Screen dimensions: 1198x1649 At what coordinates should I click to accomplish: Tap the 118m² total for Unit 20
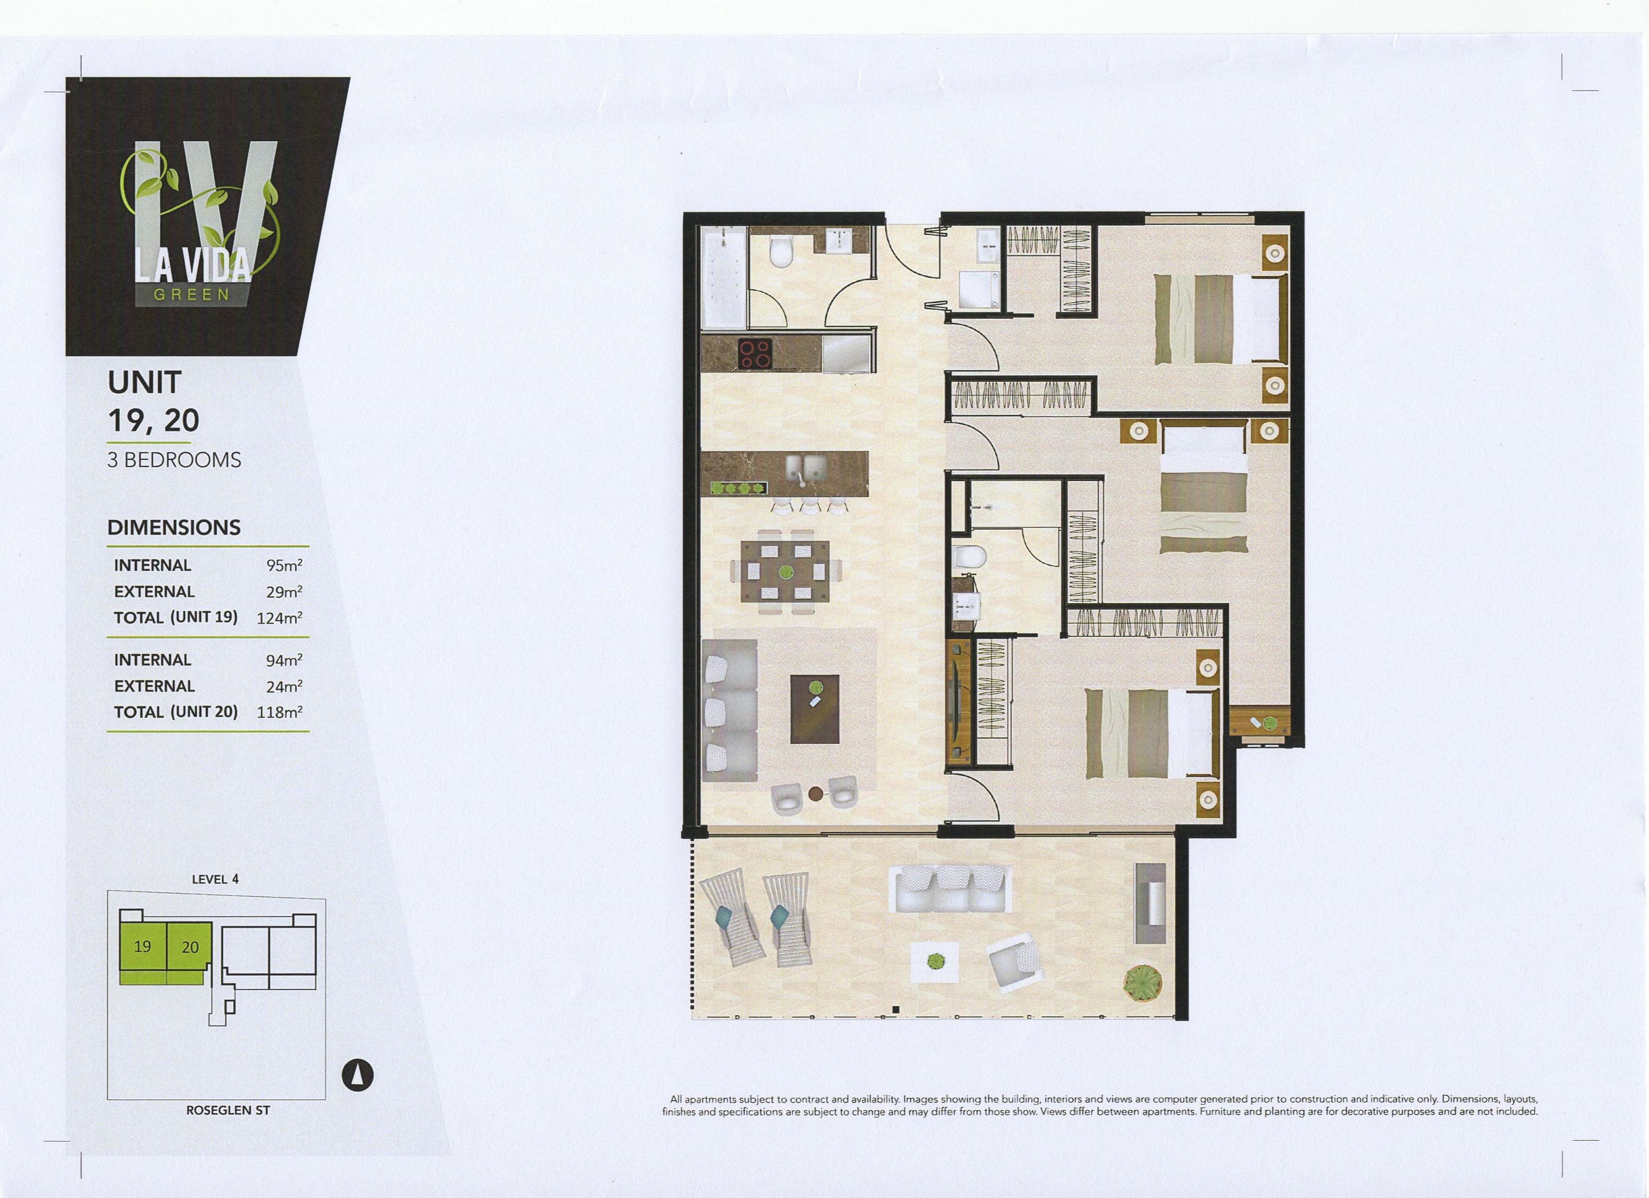point(279,712)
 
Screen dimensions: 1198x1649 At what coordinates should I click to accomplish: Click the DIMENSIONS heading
point(174,527)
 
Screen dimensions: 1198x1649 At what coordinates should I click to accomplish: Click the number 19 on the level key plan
point(143,947)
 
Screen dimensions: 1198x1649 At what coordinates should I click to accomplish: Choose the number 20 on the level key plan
point(190,947)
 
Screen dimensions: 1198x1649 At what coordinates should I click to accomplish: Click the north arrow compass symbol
point(358,1075)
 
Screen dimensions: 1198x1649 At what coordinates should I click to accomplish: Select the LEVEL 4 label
point(215,879)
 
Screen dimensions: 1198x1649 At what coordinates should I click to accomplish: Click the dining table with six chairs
point(785,572)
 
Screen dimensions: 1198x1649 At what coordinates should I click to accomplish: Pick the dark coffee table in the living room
point(814,708)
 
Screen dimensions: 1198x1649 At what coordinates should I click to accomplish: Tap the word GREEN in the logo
point(192,295)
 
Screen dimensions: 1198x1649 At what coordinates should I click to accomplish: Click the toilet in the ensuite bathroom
point(969,557)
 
